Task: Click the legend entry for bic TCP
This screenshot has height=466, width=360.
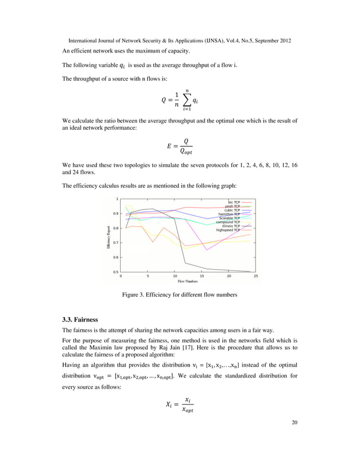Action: [x=234, y=201]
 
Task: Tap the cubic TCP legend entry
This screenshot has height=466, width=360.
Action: [x=232, y=210]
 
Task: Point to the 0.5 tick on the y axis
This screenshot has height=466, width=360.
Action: [x=116, y=272]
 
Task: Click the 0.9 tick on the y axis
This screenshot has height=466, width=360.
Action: [x=116, y=213]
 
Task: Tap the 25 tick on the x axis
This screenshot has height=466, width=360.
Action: [x=256, y=276]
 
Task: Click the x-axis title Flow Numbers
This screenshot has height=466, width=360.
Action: [x=188, y=281]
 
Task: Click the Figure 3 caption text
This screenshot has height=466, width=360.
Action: [x=180, y=295]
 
